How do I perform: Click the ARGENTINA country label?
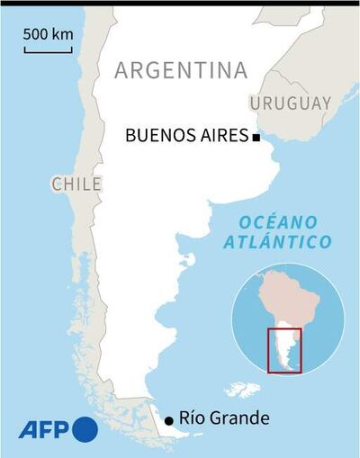pos(180,71)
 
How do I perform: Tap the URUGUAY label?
pos(291,103)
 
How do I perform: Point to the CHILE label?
pos(76,184)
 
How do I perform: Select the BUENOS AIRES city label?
pos(186,137)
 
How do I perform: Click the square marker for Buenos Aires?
pos(256,138)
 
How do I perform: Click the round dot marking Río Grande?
pos(168,419)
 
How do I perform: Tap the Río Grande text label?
pos(225,418)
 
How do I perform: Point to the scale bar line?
pos(49,49)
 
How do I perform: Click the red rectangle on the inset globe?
pos(286,350)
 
